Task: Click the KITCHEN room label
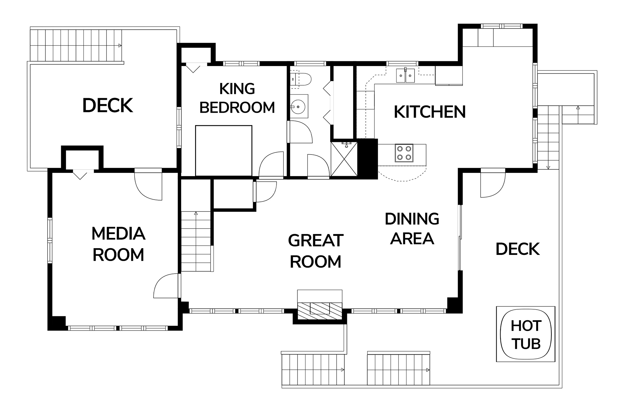430,112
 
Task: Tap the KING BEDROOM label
237,98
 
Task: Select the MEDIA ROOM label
118,244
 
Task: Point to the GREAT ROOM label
316,251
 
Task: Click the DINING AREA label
412,229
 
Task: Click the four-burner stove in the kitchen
404,153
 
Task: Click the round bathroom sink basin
299,106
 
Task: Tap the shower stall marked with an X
344,159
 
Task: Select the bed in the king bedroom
224,151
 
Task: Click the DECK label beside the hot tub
518,249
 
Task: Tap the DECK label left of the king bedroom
108,106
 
